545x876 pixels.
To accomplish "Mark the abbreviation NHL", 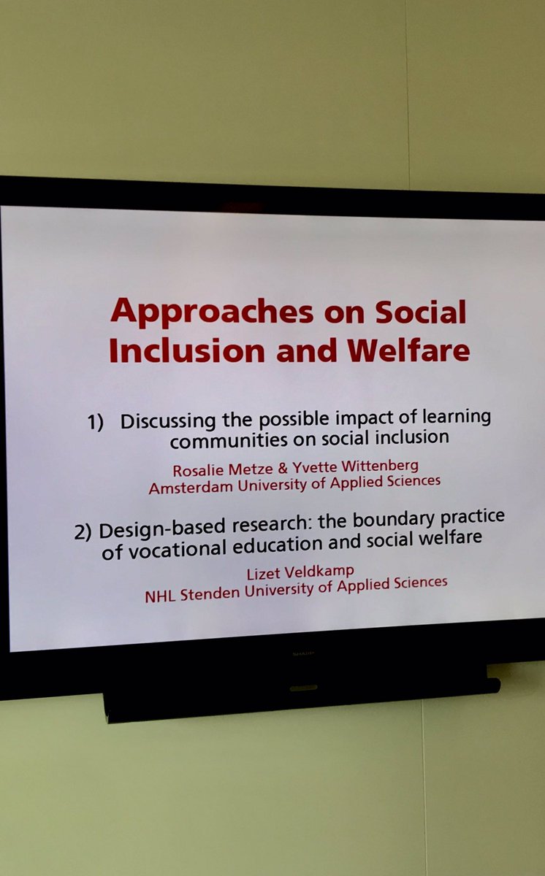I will click(159, 596).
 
